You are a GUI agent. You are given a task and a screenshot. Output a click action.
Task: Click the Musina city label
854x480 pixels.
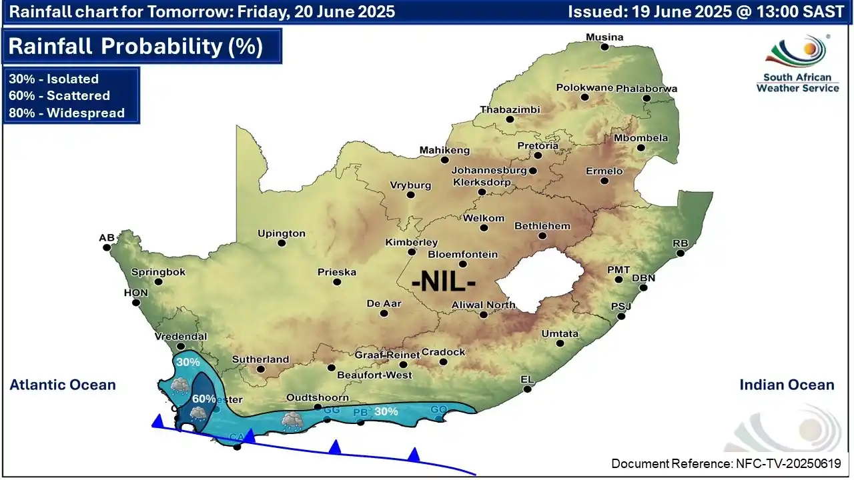coord(604,37)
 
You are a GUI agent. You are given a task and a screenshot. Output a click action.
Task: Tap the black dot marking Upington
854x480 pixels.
coord(282,243)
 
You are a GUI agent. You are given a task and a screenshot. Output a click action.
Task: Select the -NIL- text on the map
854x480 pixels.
coord(444,281)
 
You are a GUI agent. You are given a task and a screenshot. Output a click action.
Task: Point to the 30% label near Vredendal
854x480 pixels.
coord(188,362)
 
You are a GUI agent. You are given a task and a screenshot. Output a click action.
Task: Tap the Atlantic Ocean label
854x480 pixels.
coord(63,385)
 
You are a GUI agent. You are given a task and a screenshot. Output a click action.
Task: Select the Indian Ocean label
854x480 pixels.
coord(787,385)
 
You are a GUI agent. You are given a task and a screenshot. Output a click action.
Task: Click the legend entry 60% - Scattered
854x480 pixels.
coord(59,95)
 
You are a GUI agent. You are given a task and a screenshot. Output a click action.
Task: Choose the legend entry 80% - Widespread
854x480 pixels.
coord(67,113)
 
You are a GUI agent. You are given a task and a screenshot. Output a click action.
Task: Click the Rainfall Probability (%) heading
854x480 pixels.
coord(135,46)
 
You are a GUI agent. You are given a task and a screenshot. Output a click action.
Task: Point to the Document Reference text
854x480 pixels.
coord(726,463)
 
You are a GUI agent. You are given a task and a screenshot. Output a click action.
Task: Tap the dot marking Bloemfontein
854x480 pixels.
coord(462,264)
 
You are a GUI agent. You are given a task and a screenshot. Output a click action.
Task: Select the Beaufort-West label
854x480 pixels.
coord(374,375)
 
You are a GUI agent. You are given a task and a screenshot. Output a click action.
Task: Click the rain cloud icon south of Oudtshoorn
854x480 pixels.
coord(291,420)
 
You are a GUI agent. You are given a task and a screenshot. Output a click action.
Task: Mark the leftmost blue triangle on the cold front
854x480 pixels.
coord(158,421)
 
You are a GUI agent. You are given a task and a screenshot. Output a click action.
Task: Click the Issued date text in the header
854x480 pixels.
coord(706,11)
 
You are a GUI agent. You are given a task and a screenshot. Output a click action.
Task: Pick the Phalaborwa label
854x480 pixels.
coord(646,89)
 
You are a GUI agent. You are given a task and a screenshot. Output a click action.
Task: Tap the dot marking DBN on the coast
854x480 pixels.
coord(644,288)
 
